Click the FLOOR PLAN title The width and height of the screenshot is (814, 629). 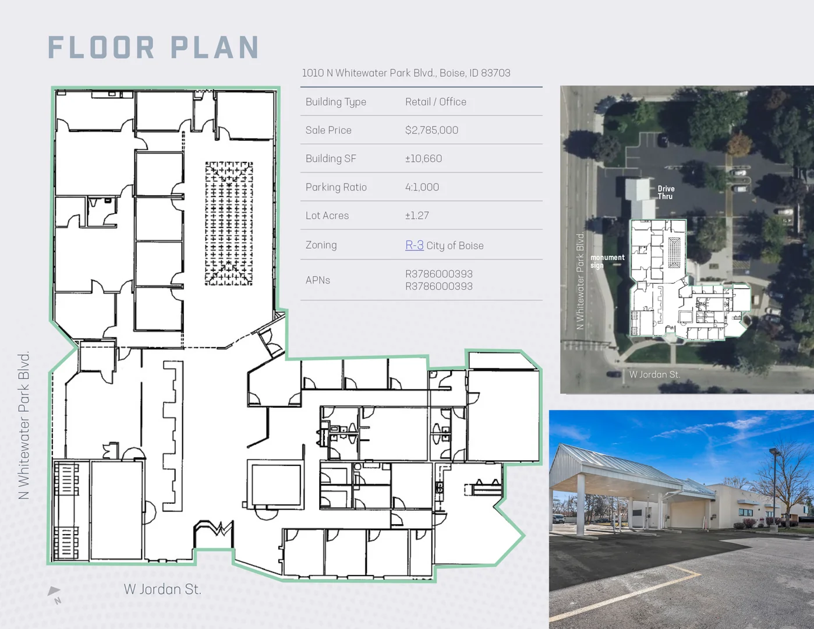tap(154, 48)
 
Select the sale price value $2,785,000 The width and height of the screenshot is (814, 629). tap(431, 130)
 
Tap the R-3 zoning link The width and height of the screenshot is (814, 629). tap(415, 245)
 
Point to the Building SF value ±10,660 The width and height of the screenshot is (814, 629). tap(423, 158)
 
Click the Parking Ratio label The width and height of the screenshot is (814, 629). tap(336, 187)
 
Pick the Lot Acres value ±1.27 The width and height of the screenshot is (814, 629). tap(417, 215)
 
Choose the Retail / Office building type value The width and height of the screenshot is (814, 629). tap(436, 102)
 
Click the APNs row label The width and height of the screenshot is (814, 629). tap(318, 280)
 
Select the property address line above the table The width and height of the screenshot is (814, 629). tap(406, 73)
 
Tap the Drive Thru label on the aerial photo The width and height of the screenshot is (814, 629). tap(666, 193)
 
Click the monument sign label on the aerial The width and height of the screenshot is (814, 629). tap(607, 261)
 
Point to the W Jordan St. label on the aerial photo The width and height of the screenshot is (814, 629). tap(655, 374)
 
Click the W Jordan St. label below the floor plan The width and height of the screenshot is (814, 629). tap(162, 589)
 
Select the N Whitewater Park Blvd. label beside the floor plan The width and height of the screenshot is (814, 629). tap(24, 425)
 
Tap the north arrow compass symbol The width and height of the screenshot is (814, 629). tap(55, 595)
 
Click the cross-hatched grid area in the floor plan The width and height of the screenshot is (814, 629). tap(229, 224)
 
